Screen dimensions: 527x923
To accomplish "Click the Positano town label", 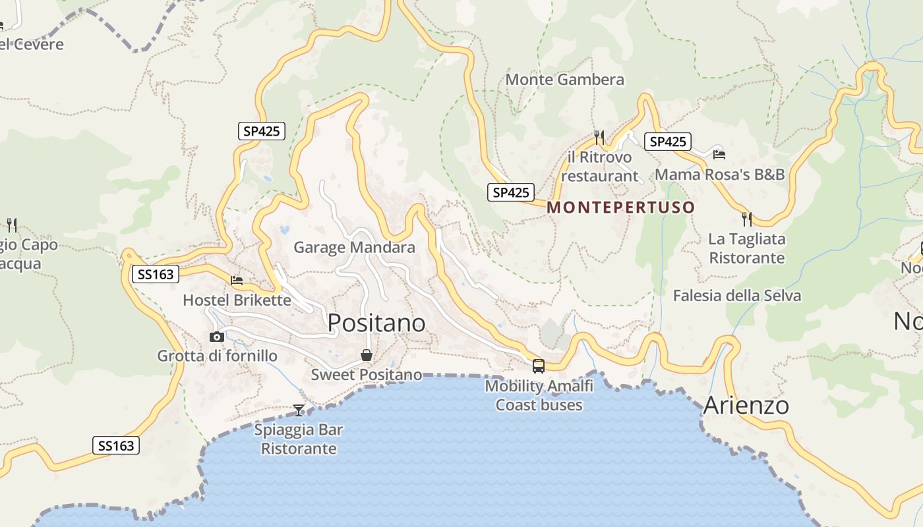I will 376,323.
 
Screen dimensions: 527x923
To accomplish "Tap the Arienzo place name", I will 746,405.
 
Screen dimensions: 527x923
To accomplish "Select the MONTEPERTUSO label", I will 621,208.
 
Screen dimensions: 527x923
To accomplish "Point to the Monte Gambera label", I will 564,80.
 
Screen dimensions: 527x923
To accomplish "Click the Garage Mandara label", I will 354,248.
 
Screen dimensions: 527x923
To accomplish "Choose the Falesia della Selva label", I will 736,296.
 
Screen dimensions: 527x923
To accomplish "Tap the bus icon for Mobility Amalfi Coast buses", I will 539,366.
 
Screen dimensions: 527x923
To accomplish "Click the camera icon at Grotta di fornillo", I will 216,337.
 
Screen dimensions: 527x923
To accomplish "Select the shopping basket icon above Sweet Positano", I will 367,356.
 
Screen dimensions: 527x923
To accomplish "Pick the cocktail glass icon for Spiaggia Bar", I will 299,410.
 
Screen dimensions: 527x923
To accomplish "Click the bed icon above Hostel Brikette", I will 237,281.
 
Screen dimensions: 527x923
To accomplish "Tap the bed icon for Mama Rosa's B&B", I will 719,154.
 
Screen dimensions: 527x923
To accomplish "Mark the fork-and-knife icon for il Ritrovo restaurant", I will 599,137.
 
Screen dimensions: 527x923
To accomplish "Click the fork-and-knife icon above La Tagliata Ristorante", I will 746,219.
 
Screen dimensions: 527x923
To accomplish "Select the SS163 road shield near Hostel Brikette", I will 156,274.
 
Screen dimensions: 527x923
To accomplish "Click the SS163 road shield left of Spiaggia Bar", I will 116,445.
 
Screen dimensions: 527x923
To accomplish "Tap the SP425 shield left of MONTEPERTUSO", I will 510,192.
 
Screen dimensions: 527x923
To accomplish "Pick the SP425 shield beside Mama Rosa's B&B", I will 667,142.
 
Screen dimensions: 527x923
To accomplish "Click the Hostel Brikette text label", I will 237,300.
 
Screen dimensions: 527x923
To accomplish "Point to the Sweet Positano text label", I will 367,375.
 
